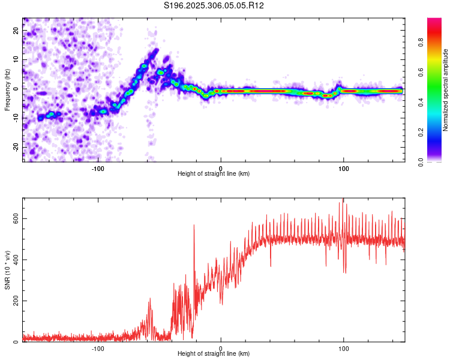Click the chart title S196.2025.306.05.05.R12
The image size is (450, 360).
coord(214,5)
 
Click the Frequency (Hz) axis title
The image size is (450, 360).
coord(7,90)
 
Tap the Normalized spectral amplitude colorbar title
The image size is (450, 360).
coord(446,90)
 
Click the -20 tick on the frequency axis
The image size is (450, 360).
coord(16,147)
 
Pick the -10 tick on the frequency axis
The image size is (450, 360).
coord(16,118)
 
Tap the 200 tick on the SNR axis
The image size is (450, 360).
coord(17,301)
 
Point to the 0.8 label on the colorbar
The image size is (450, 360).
coord(421,43)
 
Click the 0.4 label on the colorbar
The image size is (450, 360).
coord(421,103)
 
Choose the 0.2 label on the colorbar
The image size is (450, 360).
coord(421,132)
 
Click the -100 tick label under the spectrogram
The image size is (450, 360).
coord(98,168)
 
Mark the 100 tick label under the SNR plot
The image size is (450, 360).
coord(344,348)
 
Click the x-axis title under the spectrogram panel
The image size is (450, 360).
coord(214,174)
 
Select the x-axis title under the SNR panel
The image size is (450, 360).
coord(214,354)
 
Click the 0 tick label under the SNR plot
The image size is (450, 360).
coord(221,348)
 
